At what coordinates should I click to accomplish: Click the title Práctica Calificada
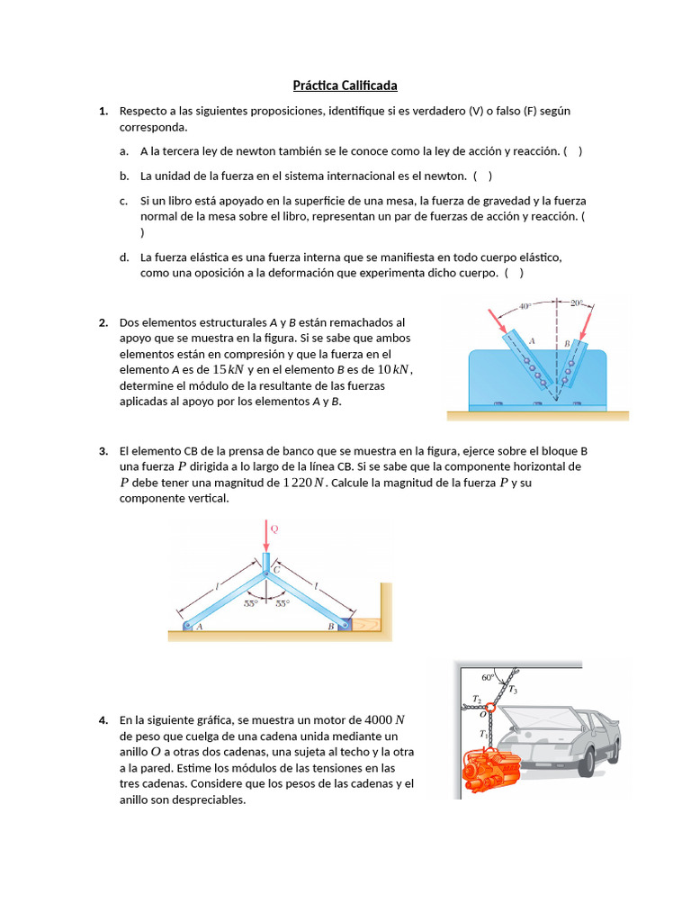tap(345, 86)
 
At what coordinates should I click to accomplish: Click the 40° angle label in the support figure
tap(525, 306)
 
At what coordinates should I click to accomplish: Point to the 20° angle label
tap(576, 303)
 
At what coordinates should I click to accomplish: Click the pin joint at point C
tap(266, 569)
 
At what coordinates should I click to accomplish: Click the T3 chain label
tap(512, 690)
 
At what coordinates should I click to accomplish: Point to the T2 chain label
tap(477, 699)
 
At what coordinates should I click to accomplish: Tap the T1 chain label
tap(484, 734)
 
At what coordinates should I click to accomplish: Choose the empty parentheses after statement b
tap(482, 176)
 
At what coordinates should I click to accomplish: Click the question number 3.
tap(103, 451)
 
